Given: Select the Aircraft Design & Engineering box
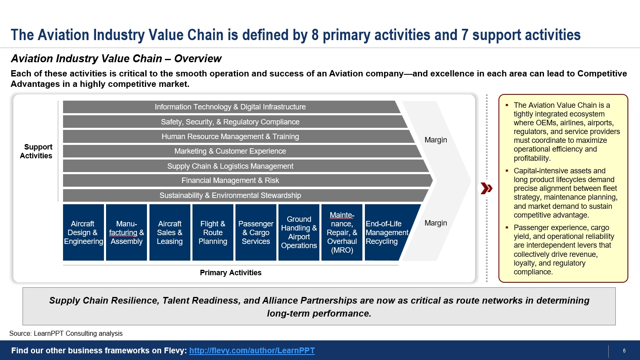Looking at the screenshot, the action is click(83, 232).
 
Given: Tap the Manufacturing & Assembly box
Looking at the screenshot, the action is click(126, 232).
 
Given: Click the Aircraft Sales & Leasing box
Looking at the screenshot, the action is click(170, 232).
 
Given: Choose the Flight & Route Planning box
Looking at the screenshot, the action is click(213, 232).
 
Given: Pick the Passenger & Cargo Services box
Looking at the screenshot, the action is click(256, 232).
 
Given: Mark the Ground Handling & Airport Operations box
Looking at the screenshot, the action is click(299, 232).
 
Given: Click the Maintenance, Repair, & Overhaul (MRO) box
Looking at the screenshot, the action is click(342, 232).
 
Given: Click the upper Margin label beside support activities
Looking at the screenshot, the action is click(436, 140).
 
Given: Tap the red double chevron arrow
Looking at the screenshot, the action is click(486, 189).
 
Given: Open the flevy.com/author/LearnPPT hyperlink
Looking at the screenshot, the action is click(252, 350).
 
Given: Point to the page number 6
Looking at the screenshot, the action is click(624, 351).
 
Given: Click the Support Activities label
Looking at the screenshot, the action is click(36, 151).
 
